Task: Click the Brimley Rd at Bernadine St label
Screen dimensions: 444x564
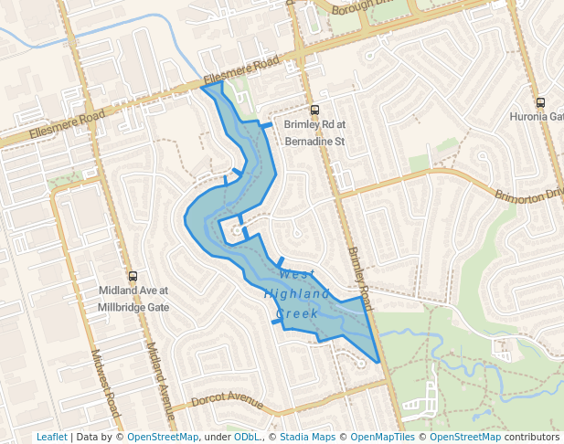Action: click(314, 133)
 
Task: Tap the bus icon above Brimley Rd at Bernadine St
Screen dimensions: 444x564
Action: click(315, 110)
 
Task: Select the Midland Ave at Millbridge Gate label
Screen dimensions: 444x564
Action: click(133, 300)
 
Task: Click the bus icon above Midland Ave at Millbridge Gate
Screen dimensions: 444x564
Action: click(133, 276)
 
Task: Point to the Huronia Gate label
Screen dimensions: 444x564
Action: click(537, 117)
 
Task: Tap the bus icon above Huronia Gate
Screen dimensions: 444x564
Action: click(540, 102)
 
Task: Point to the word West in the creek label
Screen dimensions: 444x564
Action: click(296, 274)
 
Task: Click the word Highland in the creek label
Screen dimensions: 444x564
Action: click(296, 294)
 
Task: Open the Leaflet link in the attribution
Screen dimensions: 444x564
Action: click(51, 437)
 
